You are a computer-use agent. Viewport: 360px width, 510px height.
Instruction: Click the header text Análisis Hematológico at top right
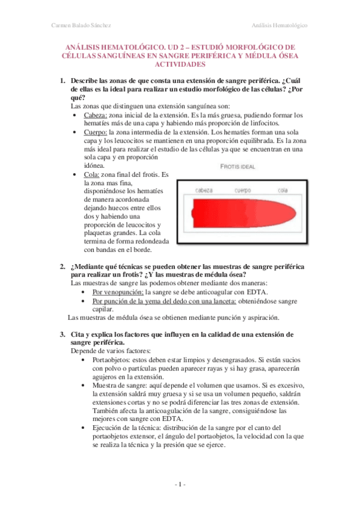[x=279, y=25]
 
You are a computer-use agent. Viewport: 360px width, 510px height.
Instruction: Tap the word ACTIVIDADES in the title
[x=180, y=64]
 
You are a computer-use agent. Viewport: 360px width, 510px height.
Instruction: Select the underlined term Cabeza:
[x=95, y=115]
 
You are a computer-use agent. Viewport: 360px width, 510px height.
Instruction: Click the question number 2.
[x=62, y=266]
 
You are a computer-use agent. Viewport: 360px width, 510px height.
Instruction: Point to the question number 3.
[x=62, y=334]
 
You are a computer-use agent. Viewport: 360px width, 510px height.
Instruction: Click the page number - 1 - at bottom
[x=180, y=485]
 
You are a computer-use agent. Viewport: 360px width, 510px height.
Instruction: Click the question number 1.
[x=62, y=81]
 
